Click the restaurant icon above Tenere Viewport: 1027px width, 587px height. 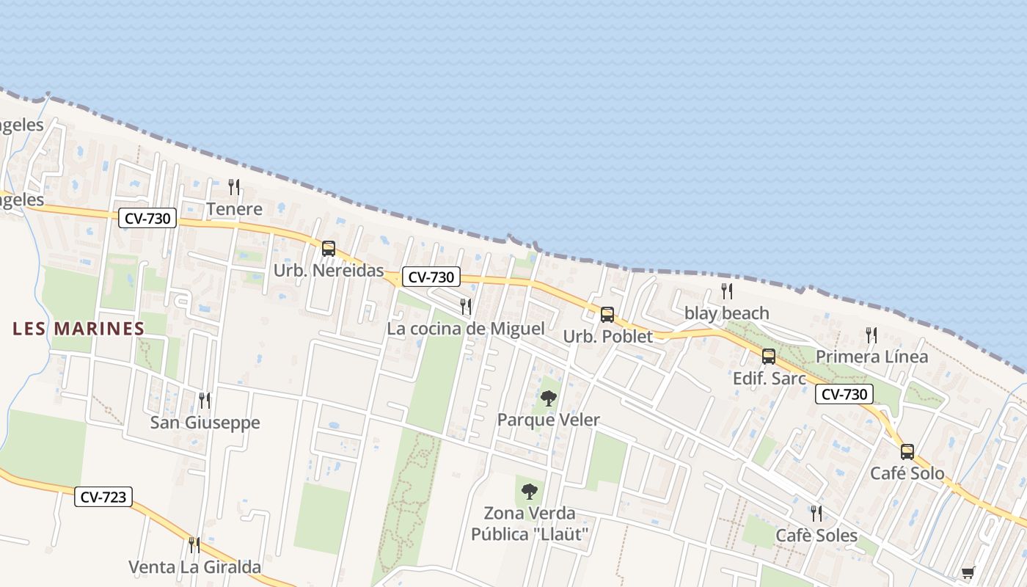tap(234, 187)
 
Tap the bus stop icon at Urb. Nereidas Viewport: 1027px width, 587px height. tap(329, 249)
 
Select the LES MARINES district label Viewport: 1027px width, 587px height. tap(78, 329)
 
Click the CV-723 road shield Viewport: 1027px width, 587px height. tap(103, 497)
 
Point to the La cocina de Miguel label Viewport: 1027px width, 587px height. tap(466, 329)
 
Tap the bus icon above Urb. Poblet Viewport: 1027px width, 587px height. tap(607, 315)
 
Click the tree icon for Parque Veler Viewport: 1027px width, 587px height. tap(548, 398)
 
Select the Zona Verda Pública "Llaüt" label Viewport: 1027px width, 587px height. tap(530, 523)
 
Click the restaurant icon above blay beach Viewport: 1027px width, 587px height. tap(726, 291)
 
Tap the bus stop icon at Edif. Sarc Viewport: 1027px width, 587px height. tap(769, 357)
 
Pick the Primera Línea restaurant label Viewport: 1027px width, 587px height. tap(871, 357)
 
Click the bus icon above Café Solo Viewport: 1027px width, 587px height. tap(907, 451)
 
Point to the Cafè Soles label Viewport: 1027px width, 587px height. tap(816, 536)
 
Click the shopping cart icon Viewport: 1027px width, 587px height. tap(968, 572)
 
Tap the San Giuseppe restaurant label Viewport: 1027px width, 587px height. tap(205, 423)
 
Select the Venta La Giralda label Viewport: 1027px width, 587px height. tap(195, 567)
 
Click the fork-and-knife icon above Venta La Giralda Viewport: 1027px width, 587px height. tap(194, 545)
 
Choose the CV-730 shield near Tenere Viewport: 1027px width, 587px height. tap(147, 218)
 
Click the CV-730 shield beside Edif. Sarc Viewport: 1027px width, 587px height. tap(844, 394)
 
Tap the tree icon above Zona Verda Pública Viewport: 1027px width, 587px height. tap(530, 492)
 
